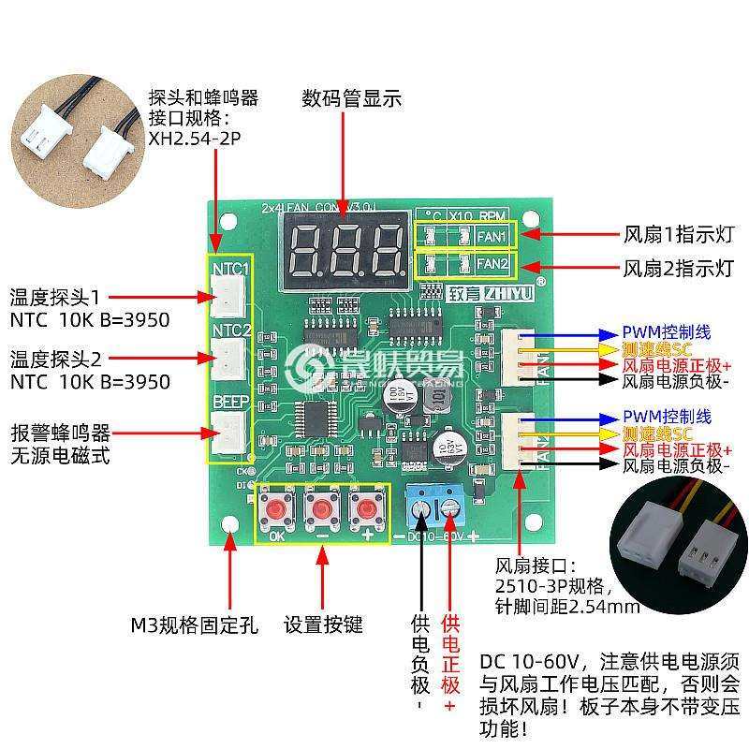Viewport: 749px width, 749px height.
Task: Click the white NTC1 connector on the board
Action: pyautogui.click(x=228, y=297)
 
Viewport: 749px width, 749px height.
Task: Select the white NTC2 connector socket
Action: pyautogui.click(x=228, y=357)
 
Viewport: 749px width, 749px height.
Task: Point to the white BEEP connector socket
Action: pyautogui.click(x=228, y=432)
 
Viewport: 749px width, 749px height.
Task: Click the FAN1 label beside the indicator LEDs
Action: pyautogui.click(x=492, y=236)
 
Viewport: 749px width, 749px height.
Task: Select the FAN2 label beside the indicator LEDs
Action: pyautogui.click(x=492, y=265)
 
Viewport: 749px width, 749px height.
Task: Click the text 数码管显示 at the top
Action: pyautogui.click(x=351, y=98)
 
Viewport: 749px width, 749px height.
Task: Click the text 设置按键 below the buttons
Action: pyautogui.click(x=323, y=624)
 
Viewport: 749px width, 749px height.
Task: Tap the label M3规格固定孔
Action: pyautogui.click(x=194, y=624)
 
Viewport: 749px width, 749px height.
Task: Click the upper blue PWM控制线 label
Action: pyautogui.click(x=667, y=332)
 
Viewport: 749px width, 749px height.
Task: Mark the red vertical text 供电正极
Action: pyautogui.click(x=450, y=655)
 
